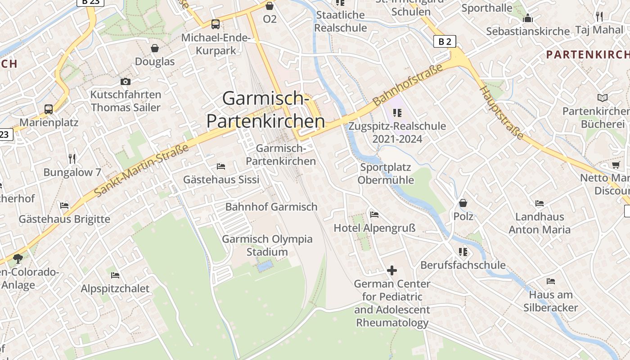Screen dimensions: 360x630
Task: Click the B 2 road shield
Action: click(x=445, y=42)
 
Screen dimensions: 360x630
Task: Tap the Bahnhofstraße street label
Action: click(x=409, y=84)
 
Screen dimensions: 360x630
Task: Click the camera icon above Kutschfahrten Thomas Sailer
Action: click(x=126, y=81)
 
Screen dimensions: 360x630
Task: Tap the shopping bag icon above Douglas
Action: click(x=155, y=48)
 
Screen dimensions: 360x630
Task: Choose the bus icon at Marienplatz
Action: click(x=48, y=109)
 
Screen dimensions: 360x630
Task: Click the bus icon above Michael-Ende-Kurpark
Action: click(x=216, y=24)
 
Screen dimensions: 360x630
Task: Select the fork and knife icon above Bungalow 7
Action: click(x=72, y=158)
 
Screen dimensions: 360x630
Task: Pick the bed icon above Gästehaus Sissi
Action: click(x=221, y=166)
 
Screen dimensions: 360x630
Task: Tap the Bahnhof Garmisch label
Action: click(x=271, y=207)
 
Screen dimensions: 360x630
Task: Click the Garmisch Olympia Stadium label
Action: click(x=267, y=245)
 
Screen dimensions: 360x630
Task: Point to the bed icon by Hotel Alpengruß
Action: click(x=374, y=215)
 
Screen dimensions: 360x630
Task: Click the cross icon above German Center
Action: click(x=392, y=270)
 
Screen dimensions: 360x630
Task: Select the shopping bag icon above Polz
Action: click(x=463, y=203)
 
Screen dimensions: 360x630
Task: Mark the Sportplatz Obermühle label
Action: click(x=386, y=174)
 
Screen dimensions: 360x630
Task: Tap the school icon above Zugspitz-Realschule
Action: click(x=397, y=112)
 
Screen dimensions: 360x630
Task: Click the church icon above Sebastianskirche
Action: click(x=528, y=18)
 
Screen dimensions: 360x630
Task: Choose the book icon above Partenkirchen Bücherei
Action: click(x=603, y=98)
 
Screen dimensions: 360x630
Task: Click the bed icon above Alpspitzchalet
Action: click(x=115, y=275)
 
